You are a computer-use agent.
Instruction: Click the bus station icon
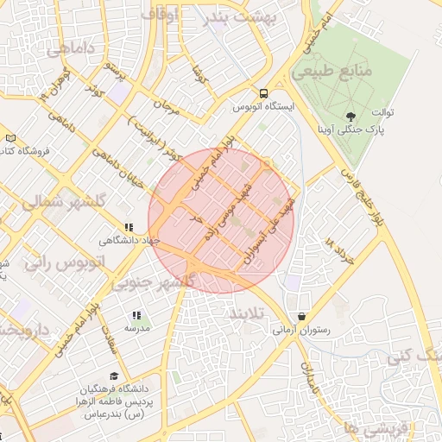262,94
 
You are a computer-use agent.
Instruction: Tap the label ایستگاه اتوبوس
263,109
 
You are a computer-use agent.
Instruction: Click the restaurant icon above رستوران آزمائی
301,316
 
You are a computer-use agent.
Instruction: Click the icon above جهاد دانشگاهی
129,228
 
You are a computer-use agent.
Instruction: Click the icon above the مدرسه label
136,316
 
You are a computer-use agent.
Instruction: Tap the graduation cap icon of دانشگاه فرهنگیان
115,375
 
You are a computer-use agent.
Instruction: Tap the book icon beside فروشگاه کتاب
9,138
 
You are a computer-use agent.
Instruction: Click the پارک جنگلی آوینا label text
366,131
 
